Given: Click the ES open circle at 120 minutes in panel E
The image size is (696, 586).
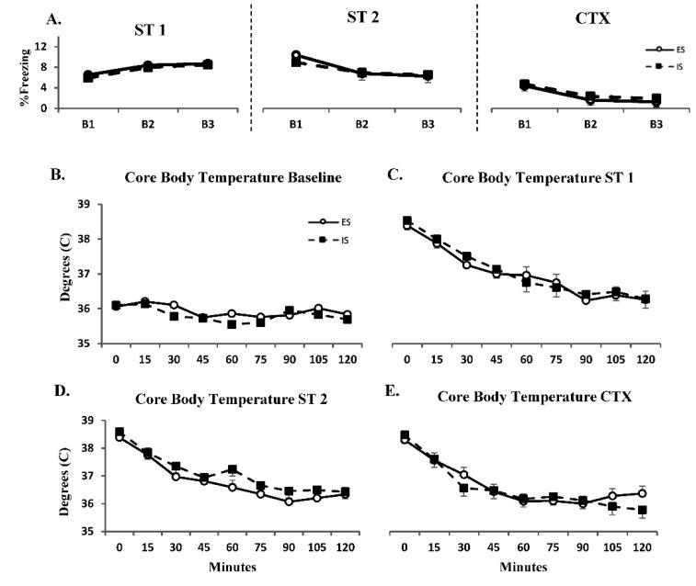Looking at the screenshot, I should coord(641,493).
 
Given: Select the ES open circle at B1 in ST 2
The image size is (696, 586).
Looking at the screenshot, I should coord(295,55).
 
